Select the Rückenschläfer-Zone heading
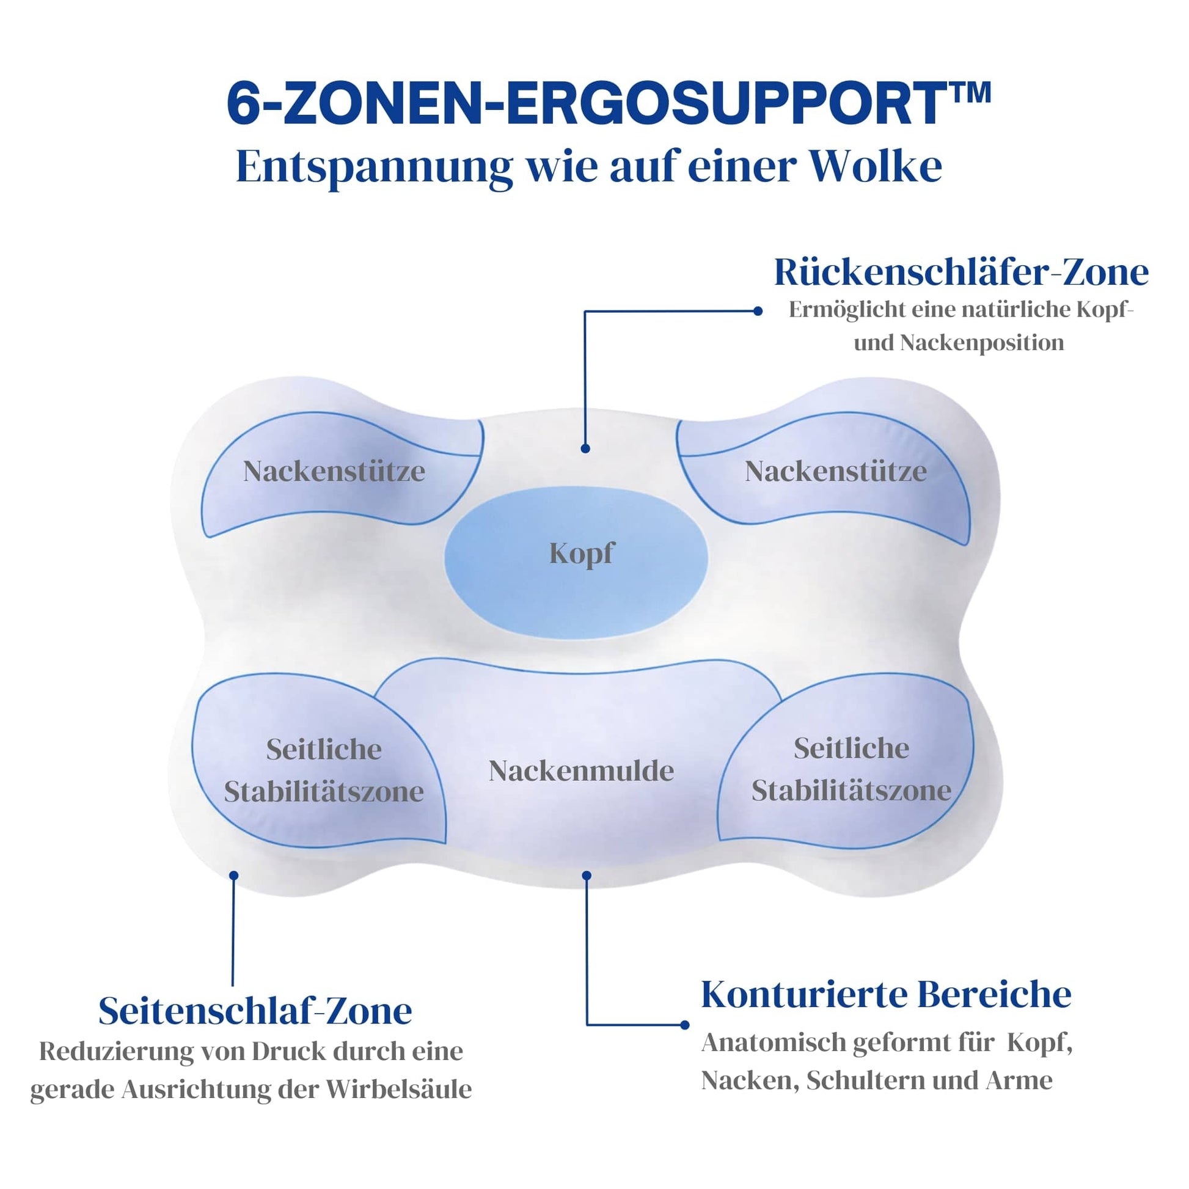[x=960, y=272]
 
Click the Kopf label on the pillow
[x=581, y=554]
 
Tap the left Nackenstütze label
[x=334, y=472]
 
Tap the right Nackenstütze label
[x=836, y=472]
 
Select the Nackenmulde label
[x=581, y=770]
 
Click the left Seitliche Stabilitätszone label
[x=324, y=770]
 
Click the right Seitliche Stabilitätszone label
[x=851, y=769]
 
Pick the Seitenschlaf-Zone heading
[x=255, y=1011]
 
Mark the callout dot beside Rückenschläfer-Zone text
[x=758, y=312]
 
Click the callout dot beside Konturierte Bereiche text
[x=685, y=1025]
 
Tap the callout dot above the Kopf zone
[x=585, y=448]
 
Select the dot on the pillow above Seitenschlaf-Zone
[x=233, y=876]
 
